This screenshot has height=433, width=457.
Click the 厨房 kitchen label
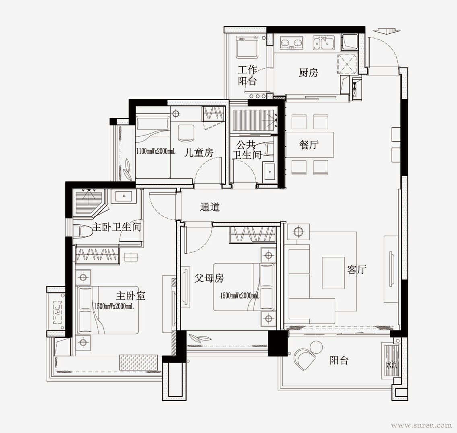click(x=308, y=73)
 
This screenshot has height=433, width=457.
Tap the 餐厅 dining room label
click(x=309, y=145)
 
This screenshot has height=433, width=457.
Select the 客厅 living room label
click(x=356, y=270)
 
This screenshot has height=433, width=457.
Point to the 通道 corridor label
click(x=210, y=207)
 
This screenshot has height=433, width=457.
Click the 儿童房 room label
click(x=199, y=152)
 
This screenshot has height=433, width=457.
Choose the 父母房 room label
click(x=209, y=278)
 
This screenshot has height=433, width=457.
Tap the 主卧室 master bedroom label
click(x=131, y=296)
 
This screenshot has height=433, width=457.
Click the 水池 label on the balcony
click(x=391, y=365)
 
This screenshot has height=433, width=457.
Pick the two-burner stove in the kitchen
click(x=291, y=43)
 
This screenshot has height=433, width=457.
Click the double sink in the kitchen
click(x=323, y=43)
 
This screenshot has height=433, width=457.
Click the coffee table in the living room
click(x=333, y=273)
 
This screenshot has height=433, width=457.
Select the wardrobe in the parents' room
click(x=252, y=234)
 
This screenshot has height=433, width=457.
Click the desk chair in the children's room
click(x=186, y=133)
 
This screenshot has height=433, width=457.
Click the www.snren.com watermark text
click(x=422, y=425)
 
